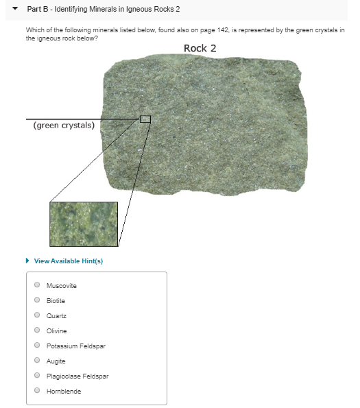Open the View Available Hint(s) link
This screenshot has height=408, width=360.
68,261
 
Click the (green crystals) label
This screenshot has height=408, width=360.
64,125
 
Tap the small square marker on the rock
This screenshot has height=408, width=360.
145,119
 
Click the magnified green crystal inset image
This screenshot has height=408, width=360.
84,224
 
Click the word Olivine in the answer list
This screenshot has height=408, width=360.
56,331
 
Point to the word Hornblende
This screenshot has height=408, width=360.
63,391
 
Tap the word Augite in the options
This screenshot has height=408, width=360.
56,361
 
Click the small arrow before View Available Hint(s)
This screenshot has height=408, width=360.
27,261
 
